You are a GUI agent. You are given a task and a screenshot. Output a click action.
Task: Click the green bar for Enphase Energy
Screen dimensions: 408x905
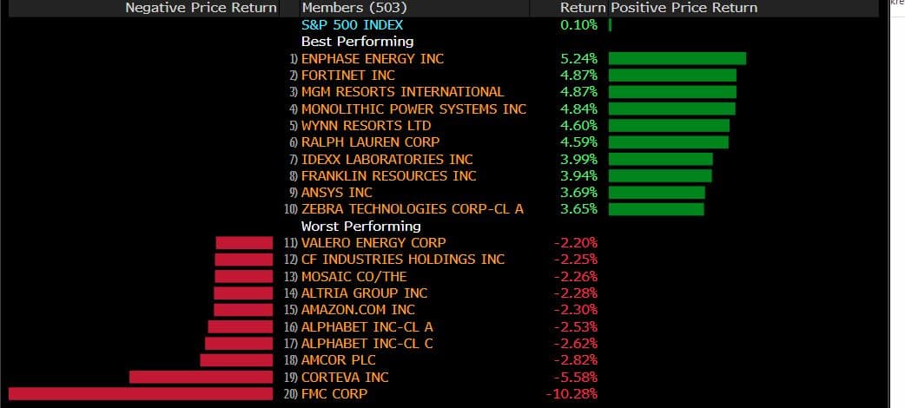tap(677, 58)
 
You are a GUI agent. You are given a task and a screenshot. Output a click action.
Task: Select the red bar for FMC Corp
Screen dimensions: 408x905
tap(140, 394)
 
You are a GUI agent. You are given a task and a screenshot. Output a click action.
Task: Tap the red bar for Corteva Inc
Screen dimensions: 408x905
tap(201, 377)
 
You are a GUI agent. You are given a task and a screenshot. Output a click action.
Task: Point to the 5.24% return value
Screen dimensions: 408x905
tap(579, 58)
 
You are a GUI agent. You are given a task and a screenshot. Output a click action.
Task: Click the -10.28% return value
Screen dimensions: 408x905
tap(572, 394)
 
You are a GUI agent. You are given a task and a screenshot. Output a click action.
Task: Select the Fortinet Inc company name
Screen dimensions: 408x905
tap(347, 76)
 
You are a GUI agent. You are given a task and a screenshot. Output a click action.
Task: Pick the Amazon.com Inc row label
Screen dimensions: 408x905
tap(358, 310)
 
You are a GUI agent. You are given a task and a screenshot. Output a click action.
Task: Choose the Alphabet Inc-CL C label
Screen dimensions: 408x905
tap(367, 343)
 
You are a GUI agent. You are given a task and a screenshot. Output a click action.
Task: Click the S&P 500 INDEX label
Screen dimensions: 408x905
tap(352, 24)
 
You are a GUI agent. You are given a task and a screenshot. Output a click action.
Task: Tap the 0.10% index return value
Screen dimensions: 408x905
tap(579, 24)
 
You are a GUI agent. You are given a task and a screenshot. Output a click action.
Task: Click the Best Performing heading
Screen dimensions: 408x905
tap(357, 41)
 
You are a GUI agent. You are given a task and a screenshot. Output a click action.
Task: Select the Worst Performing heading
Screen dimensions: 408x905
tap(360, 226)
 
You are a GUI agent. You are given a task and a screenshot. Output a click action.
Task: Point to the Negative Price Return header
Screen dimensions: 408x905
tap(201, 8)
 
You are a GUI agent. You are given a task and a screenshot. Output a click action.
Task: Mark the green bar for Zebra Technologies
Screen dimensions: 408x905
tap(656, 209)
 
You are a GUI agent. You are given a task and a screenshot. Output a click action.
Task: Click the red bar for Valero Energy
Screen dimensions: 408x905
tap(244, 242)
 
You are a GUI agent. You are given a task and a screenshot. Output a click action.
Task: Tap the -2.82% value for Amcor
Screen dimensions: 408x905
tap(576, 360)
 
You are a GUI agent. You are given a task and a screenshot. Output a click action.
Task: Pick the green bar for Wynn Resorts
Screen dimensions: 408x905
tap(669, 125)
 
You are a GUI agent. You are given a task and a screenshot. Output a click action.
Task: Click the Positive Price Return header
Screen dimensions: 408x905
tap(684, 8)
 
